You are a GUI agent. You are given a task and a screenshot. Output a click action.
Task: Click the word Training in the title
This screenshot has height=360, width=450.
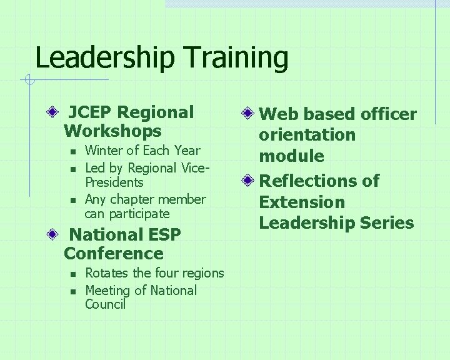(237, 58)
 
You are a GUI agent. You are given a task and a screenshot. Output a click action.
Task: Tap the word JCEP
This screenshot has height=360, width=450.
(91, 112)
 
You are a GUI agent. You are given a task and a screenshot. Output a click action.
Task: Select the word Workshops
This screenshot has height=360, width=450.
(112, 131)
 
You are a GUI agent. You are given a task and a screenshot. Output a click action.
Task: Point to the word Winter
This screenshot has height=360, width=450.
(105, 151)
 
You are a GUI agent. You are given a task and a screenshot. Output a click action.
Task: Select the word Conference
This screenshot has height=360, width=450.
(114, 254)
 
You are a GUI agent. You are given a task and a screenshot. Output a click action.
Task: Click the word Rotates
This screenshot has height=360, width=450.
(106, 273)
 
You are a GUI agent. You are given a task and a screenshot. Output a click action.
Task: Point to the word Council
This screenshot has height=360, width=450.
(105, 304)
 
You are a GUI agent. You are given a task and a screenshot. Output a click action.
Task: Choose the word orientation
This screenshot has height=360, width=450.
(307, 135)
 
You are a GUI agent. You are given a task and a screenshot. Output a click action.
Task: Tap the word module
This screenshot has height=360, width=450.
(292, 156)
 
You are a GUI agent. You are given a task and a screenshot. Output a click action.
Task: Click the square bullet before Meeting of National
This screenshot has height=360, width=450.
(72, 291)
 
